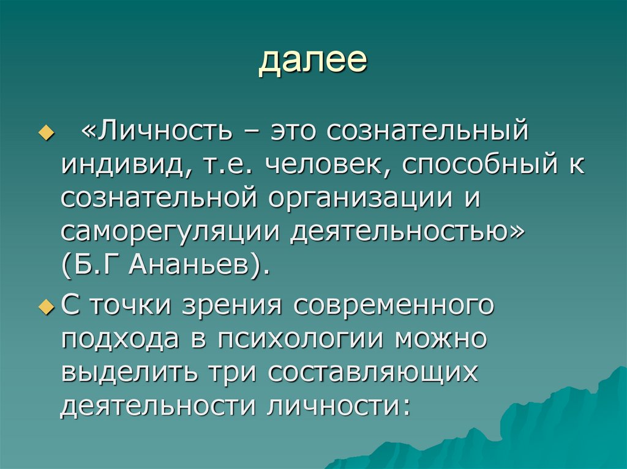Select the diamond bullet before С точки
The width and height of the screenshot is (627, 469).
coord(51,306)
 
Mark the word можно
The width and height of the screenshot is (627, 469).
coord(440,338)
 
